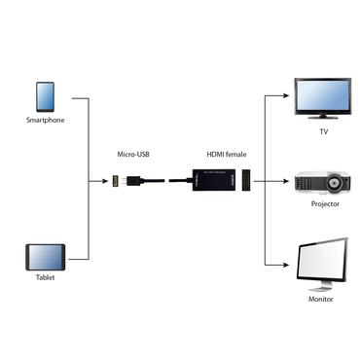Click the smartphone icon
pyautogui.click(x=45, y=96)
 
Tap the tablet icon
pyautogui.click(x=44, y=257)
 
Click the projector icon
pyautogui.click(x=320, y=182)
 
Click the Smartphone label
pyautogui.click(x=45, y=121)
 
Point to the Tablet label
pyautogui.click(x=44, y=277)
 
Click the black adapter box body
pyautogui.click(x=207, y=181)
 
